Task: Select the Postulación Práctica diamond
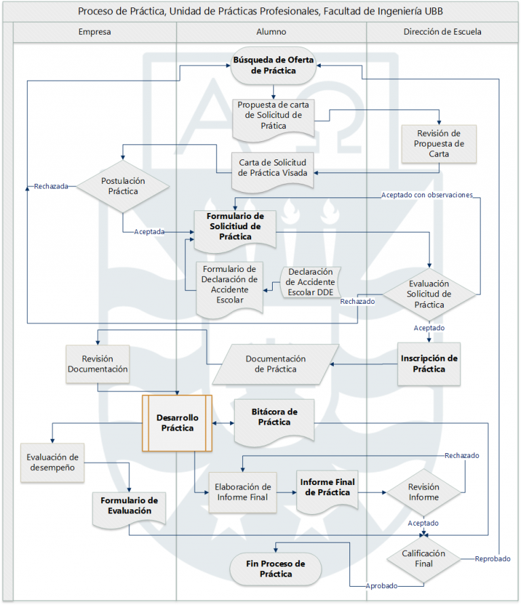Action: point(123,186)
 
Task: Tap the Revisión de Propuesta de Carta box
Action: point(438,143)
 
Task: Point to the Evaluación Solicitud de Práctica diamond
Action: point(429,294)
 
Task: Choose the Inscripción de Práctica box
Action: point(429,364)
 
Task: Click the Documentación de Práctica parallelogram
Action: point(275,364)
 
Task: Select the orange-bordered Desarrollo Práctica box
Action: point(176,423)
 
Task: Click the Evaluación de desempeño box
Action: point(53,463)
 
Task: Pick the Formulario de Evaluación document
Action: point(128,506)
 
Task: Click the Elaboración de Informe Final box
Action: point(243,492)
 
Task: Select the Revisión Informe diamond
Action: point(423,492)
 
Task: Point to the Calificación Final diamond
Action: point(423,558)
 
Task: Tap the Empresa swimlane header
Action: point(94,32)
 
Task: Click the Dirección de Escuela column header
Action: point(442,32)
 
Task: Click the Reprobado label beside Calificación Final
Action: point(492,559)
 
